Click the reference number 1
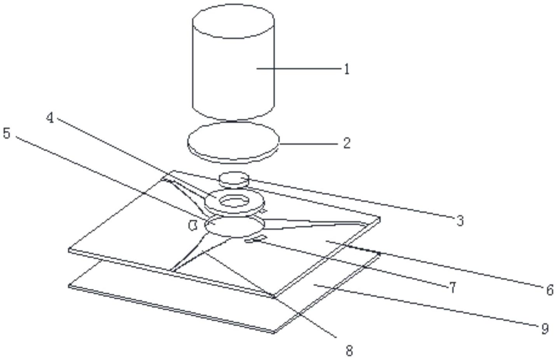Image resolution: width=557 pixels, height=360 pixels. tap(347, 69)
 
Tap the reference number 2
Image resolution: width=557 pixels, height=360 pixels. tap(347, 143)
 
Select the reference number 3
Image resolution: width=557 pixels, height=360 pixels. tap(460, 220)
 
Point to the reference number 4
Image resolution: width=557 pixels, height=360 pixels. tap(50, 117)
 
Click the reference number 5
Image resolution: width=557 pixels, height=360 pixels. tap(7, 133)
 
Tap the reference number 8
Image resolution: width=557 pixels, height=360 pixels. tap(349, 351)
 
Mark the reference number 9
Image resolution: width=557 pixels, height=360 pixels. tap(545, 329)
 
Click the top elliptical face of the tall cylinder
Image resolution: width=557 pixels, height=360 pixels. tap(234, 21)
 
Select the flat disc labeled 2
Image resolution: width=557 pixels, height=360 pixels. tap(233, 142)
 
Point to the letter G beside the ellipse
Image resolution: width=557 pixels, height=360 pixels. tap(193, 226)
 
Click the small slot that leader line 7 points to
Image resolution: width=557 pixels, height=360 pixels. tap(256, 238)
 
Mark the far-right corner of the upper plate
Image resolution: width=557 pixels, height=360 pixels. tap(379, 219)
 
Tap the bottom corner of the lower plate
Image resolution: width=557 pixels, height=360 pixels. tap(274, 332)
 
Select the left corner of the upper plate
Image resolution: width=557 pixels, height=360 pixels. tap(69, 250)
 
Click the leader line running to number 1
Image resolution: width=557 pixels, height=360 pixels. tap(299, 68)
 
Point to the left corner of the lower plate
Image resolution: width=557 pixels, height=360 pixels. tap(69, 286)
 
